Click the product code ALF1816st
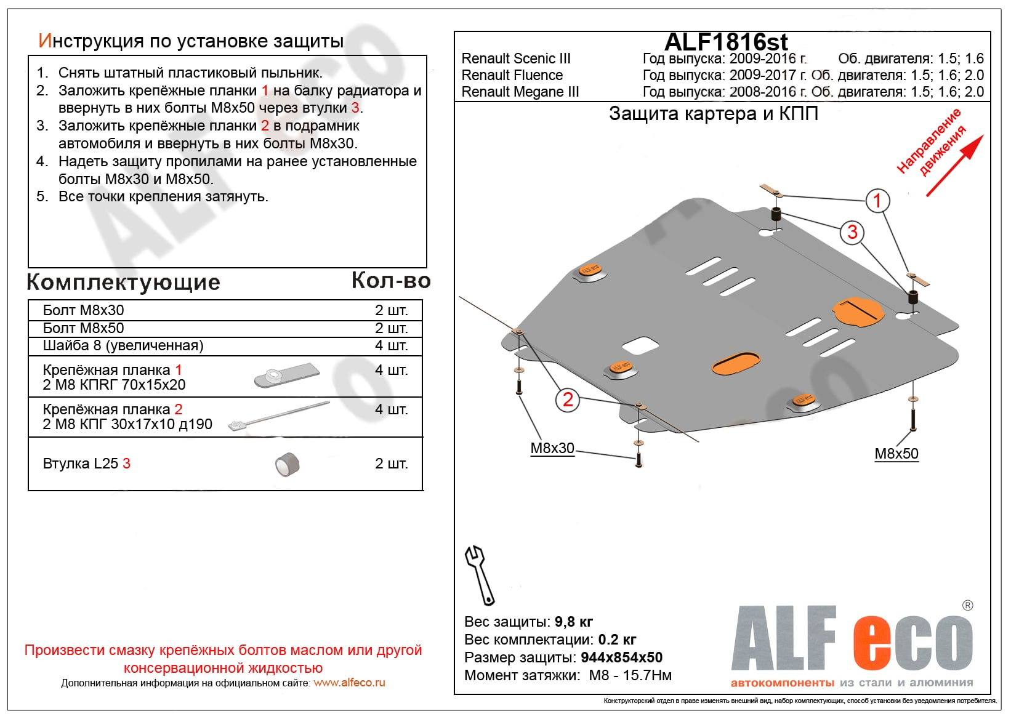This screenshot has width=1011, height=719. point(726,42)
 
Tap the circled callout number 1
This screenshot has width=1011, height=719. point(877,200)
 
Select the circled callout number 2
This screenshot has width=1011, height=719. point(568,400)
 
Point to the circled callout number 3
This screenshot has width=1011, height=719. point(852,232)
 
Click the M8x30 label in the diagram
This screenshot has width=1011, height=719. point(552,448)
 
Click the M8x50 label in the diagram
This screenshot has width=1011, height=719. point(896,454)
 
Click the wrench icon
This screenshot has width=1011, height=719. point(479,574)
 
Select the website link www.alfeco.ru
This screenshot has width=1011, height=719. point(349,683)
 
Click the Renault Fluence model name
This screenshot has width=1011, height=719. point(512,75)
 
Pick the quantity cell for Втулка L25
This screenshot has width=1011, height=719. point(391,464)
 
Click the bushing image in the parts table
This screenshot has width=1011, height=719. point(287,465)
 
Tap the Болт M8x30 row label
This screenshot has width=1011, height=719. point(84,310)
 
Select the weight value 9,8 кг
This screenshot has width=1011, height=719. point(574,622)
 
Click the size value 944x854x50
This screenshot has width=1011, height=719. point(621,657)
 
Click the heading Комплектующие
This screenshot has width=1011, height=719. point(124,282)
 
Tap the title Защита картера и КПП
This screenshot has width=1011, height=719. point(713,114)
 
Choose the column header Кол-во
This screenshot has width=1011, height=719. point(391,281)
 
